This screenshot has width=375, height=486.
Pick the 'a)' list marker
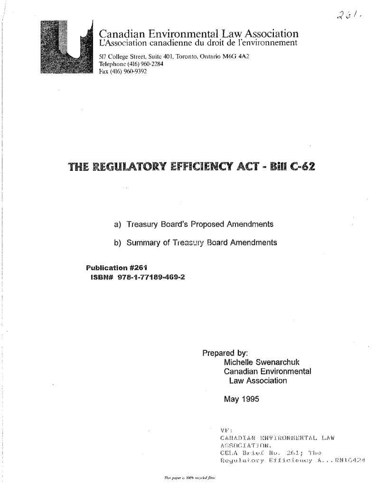118,224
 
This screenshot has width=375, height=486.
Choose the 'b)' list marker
118,243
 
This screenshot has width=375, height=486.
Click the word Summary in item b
143,243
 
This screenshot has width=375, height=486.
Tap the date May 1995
241,399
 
